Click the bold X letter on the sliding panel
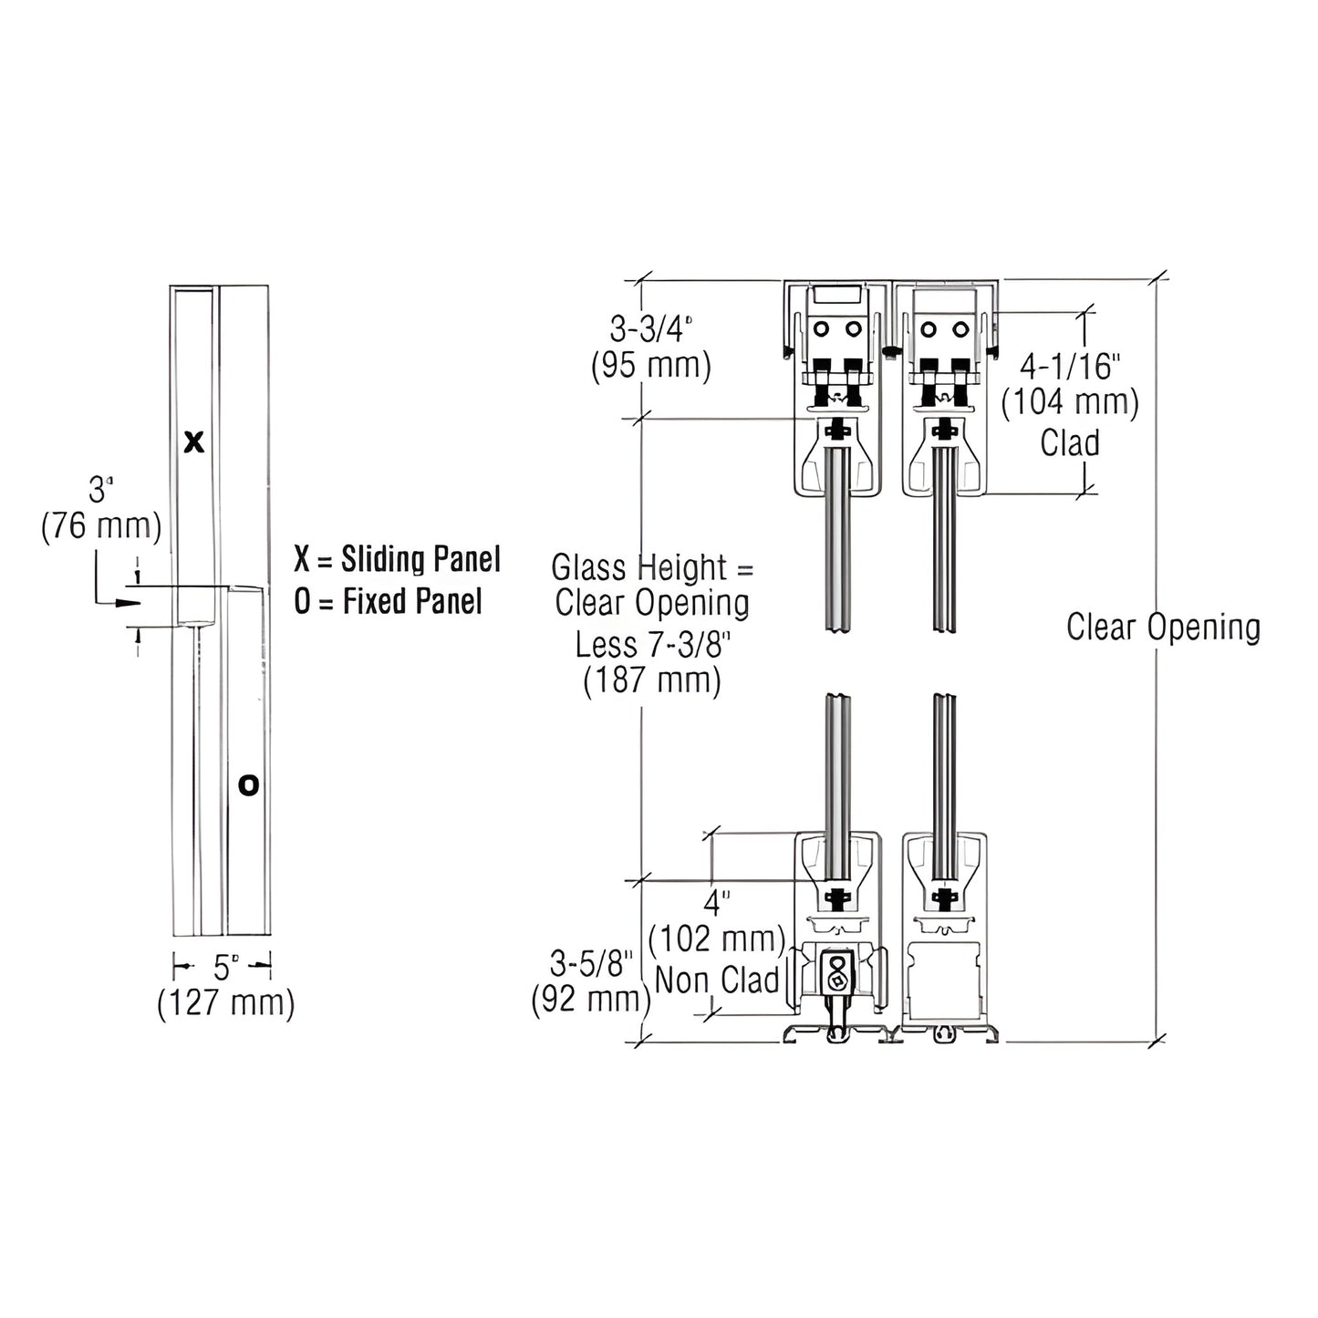(x=194, y=443)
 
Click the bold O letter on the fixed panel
(x=248, y=784)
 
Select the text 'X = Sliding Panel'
(x=397, y=559)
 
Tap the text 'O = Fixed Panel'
(x=388, y=601)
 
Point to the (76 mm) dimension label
(x=101, y=527)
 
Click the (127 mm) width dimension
(x=225, y=1003)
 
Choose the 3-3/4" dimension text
(x=651, y=329)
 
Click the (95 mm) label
(x=651, y=366)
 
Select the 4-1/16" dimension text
(x=1069, y=367)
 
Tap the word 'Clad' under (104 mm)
(x=1069, y=443)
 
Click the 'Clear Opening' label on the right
(x=1163, y=628)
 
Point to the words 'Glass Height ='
(x=652, y=567)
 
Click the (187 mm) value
(x=652, y=680)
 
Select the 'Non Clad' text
(x=718, y=980)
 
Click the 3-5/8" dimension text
(x=591, y=963)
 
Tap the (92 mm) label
(x=591, y=1000)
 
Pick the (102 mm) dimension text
(x=718, y=939)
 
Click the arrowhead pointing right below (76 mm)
(x=130, y=603)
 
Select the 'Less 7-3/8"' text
(x=652, y=644)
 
